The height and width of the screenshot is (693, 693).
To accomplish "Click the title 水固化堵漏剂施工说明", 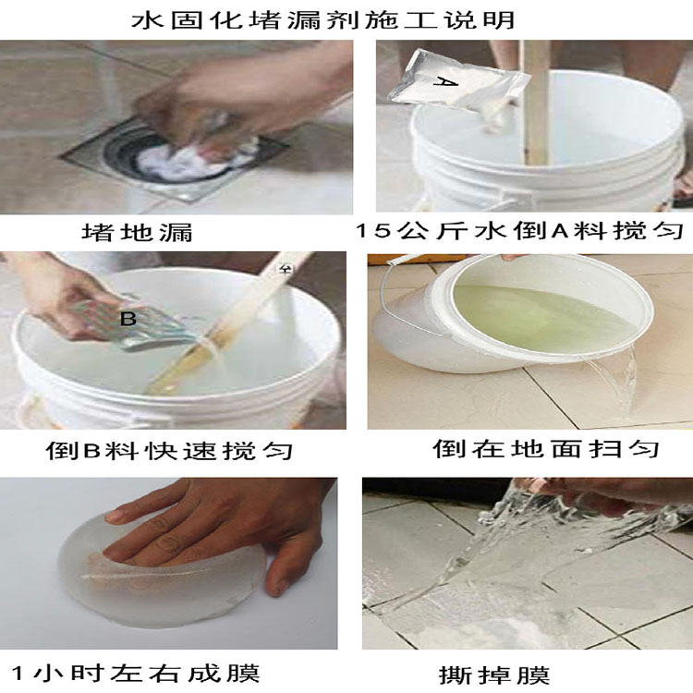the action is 323,20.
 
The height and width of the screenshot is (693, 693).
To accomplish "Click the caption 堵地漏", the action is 137,232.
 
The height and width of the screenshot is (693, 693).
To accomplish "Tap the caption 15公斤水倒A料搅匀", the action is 519,230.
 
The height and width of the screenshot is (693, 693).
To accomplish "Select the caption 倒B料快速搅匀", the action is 169,451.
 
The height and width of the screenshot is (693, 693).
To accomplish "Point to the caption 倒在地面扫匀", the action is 545,448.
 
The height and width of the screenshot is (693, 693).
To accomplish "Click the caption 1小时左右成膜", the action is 135,673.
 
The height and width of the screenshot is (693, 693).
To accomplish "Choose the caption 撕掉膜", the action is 494,675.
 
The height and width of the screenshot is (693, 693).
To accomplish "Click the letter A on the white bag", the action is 445,81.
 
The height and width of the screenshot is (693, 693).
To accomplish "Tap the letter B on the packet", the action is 128,319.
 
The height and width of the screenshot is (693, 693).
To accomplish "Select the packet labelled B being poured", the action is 132,325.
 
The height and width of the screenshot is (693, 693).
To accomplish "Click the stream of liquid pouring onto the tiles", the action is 614,380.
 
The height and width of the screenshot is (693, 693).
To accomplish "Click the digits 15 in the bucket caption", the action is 373,231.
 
